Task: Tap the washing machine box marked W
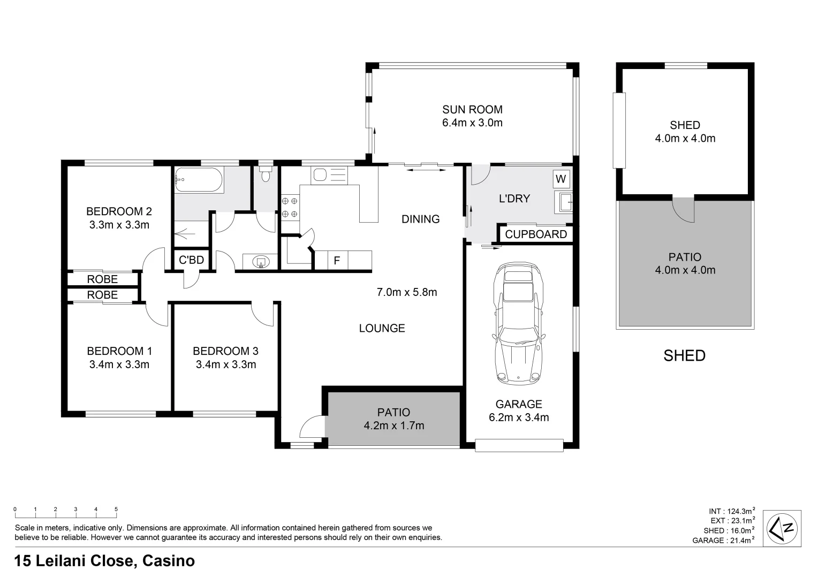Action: (x=561, y=179)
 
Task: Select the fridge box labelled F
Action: (x=337, y=261)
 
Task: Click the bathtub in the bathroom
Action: (x=198, y=180)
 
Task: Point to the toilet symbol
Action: (x=265, y=175)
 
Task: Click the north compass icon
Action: (x=782, y=528)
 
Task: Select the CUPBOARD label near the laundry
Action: (x=536, y=234)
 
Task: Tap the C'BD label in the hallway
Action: (x=191, y=260)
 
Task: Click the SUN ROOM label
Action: (x=472, y=110)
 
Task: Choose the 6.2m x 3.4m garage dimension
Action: (x=519, y=417)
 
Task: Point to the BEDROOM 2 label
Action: (x=119, y=211)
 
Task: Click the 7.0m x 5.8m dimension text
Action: (x=407, y=292)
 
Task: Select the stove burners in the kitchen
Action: (x=290, y=207)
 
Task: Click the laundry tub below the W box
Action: (x=564, y=202)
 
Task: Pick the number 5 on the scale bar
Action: (x=116, y=509)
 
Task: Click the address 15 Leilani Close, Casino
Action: (x=105, y=561)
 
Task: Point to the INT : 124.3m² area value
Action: (x=731, y=511)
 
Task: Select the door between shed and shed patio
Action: (x=684, y=209)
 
